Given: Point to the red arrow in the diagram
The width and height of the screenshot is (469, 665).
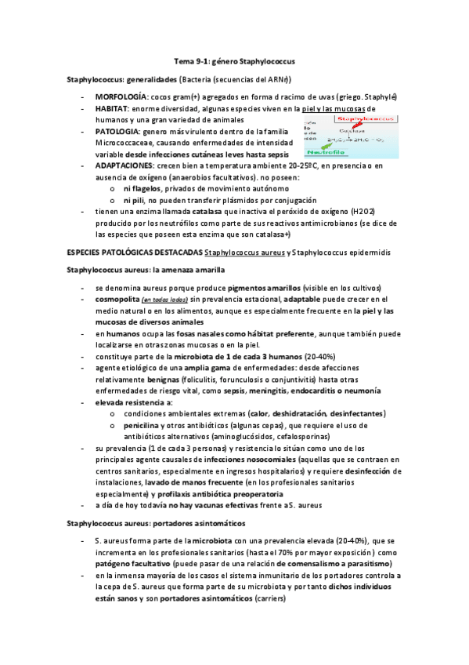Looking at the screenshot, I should pos(357,125).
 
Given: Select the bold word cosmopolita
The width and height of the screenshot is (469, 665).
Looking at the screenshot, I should pos(117,300).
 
